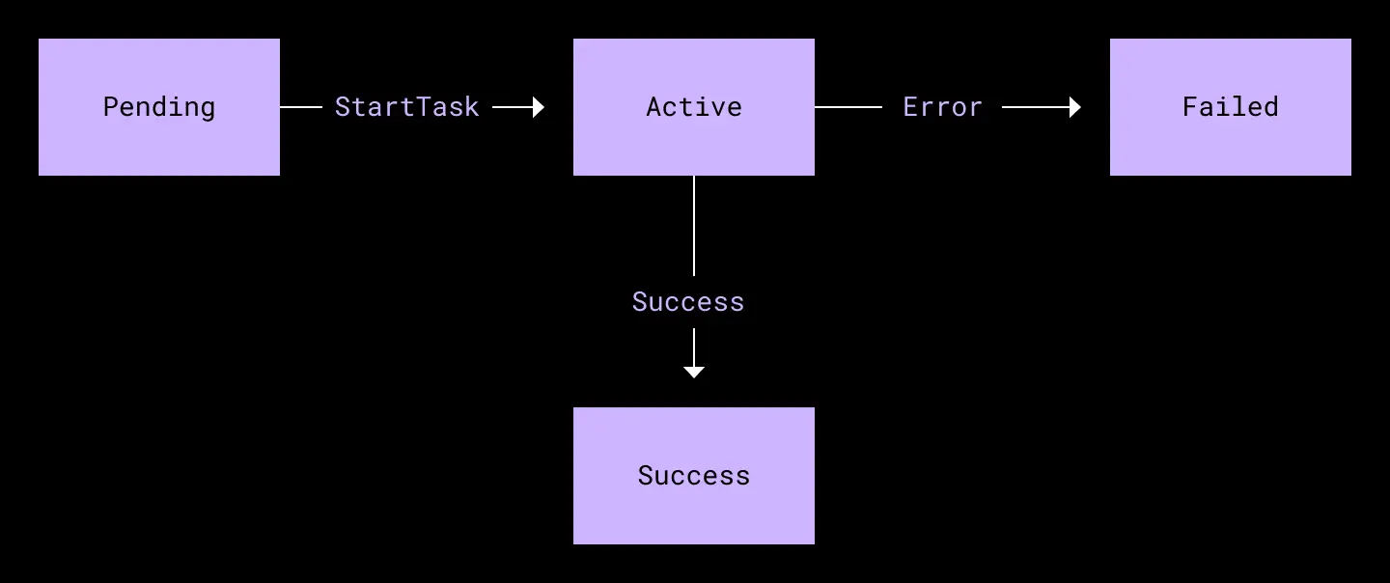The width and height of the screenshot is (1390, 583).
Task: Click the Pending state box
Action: (x=159, y=107)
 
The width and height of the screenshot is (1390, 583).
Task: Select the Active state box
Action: (x=694, y=107)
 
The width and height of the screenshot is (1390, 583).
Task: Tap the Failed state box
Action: (x=1231, y=107)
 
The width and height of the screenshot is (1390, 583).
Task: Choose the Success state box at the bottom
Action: (x=694, y=476)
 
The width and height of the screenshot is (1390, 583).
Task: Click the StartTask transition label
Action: (x=407, y=107)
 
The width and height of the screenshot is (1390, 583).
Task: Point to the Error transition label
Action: (x=942, y=107)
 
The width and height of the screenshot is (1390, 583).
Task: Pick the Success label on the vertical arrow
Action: (x=687, y=302)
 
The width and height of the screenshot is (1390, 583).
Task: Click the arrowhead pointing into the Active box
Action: (x=539, y=107)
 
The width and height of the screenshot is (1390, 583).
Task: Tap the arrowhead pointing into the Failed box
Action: (x=1075, y=107)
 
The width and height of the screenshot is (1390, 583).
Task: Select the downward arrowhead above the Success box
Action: (x=694, y=373)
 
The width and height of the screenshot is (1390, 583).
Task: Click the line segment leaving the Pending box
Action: (x=301, y=107)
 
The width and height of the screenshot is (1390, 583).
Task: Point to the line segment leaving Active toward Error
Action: (x=848, y=107)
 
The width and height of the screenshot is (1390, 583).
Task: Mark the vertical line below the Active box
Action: (x=694, y=226)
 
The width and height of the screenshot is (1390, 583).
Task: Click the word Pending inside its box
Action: (x=159, y=107)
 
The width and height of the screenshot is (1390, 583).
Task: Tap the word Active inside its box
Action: (x=694, y=107)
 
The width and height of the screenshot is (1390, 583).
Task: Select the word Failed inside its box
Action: (x=1231, y=107)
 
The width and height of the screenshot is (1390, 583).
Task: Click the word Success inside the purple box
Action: (x=694, y=476)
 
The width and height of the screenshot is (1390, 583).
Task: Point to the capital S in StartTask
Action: (x=343, y=107)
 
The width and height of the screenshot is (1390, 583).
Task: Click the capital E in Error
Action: (x=910, y=107)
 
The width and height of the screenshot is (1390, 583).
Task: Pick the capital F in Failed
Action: (x=1190, y=107)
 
